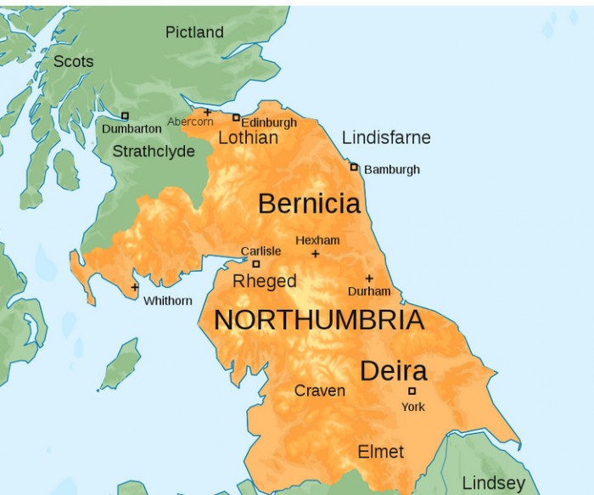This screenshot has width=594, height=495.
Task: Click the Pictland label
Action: tap(194, 32)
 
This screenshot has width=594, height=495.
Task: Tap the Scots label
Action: tap(73, 61)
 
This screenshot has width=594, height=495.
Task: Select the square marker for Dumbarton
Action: tap(125, 115)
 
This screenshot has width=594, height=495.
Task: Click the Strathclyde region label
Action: tap(154, 151)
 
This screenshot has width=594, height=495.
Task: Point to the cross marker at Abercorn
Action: tap(207, 112)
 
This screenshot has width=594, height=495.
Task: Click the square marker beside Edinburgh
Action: tap(236, 117)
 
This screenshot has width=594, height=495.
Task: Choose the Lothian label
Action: tap(248, 138)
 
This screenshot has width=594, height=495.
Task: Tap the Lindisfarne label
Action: tap(386, 138)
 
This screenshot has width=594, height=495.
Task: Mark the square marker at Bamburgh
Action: tap(354, 166)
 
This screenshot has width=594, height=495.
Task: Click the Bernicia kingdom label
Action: tap(309, 204)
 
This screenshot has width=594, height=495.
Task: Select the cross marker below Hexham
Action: tap(316, 254)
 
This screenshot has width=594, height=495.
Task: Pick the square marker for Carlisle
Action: tap(255, 264)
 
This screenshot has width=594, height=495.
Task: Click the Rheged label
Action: tap(265, 281)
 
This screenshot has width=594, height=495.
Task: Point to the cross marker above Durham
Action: tap(369, 278)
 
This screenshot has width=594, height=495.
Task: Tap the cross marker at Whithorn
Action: tap(135, 287)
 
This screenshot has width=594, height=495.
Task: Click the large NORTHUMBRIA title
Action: tap(318, 320)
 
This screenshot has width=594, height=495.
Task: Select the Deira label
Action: tap(393, 371)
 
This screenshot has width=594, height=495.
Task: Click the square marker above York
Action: tap(412, 391)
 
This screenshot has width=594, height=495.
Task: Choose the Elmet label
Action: tap(381, 452)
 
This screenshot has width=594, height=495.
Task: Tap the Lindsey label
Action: tap(493, 483)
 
